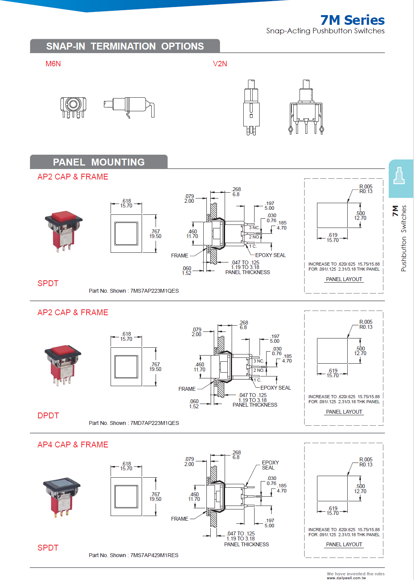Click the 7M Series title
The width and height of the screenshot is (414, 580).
tap(352, 20)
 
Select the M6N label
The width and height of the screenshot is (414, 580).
tap(53, 64)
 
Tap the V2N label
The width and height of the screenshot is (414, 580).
tap(220, 64)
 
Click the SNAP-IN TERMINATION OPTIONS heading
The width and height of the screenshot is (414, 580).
tap(125, 46)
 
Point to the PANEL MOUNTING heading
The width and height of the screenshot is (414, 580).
tap(99, 162)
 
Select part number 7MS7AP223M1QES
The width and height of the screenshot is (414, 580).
tap(154, 291)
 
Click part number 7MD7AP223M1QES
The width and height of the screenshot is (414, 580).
tap(154, 423)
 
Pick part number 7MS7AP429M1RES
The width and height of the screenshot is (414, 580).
tap(154, 555)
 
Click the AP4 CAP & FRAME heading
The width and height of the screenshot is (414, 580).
tap(73, 445)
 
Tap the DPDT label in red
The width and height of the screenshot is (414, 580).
tap(48, 416)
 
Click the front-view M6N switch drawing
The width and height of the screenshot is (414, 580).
tap(73, 107)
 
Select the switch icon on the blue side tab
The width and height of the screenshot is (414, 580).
tap(399, 176)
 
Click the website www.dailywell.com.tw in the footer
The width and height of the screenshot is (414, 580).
tap(346, 578)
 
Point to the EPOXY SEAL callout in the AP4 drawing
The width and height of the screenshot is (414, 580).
tap(270, 465)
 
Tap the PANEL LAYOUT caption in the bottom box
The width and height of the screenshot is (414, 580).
tap(344, 544)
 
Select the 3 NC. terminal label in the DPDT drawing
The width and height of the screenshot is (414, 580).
tap(259, 361)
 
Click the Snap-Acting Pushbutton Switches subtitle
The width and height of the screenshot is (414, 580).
tap(325, 31)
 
